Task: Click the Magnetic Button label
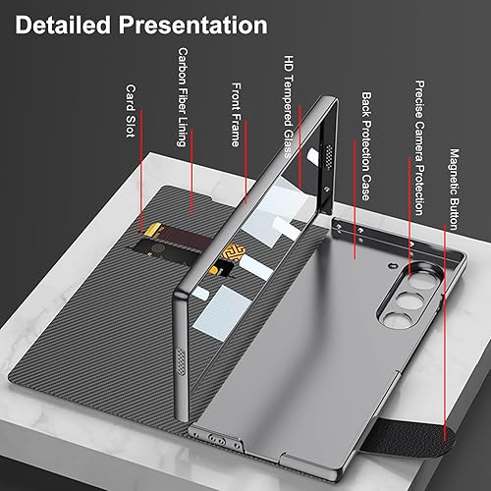(x=454, y=186)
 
